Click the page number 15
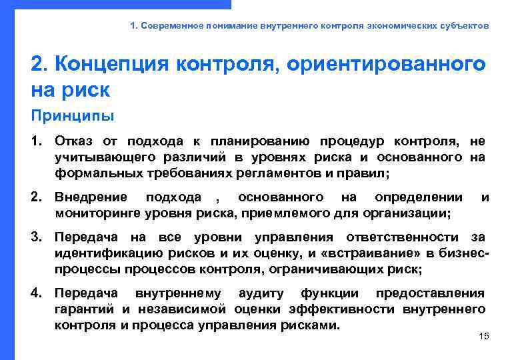(484, 336)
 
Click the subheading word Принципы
(73, 116)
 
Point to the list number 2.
(37, 197)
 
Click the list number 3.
(37, 237)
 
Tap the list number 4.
(37, 293)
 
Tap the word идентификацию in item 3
(100, 253)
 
